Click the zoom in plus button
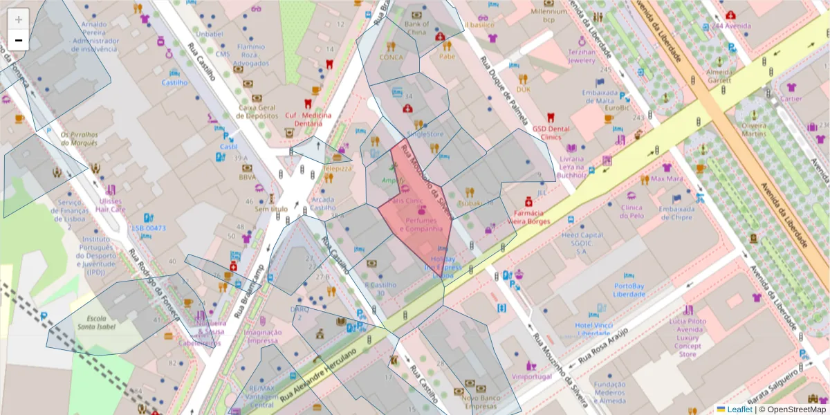point(19,19)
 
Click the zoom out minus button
point(19,40)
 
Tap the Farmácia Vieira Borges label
point(528,217)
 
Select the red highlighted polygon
point(415,214)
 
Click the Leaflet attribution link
point(739,409)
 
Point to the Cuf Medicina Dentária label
point(308,119)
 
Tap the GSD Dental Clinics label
point(551,132)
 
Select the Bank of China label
point(416,28)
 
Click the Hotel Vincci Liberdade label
point(594,329)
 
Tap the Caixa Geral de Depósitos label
point(257,111)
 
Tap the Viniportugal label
point(531,376)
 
